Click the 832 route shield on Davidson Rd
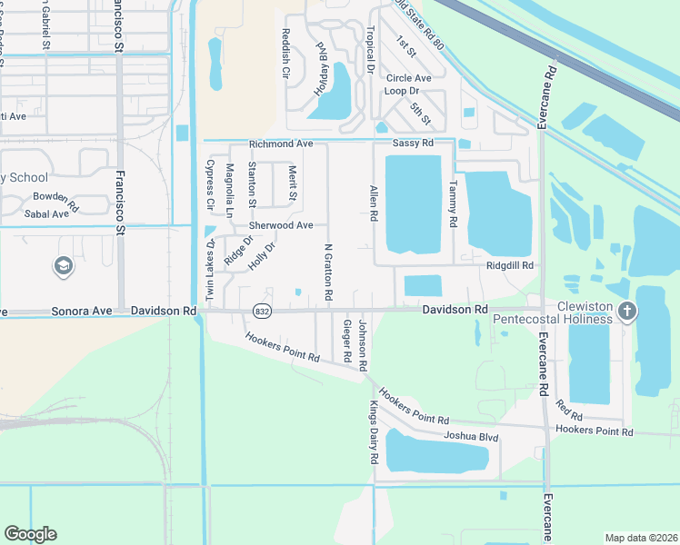pyautogui.click(x=262, y=311)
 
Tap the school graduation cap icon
pyautogui.click(x=63, y=265)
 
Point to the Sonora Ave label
pyautogui.click(x=83, y=311)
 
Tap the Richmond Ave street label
pyautogui.click(x=281, y=144)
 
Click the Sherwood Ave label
pyautogui.click(x=281, y=225)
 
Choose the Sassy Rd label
pyautogui.click(x=412, y=144)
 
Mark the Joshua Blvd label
pyautogui.click(x=471, y=437)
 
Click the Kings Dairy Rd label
pyautogui.click(x=373, y=433)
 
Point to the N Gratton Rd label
pyautogui.click(x=328, y=272)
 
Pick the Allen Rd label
pyautogui.click(x=373, y=203)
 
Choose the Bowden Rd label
pyautogui.click(x=56, y=196)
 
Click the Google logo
pyautogui.click(x=30, y=534)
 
